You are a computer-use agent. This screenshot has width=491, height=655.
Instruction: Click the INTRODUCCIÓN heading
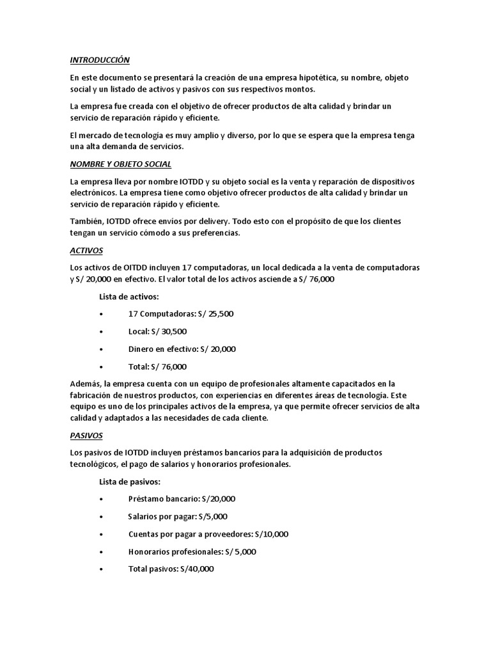(x=100, y=60)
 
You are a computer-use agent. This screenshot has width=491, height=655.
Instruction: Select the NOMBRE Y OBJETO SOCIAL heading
(x=121, y=164)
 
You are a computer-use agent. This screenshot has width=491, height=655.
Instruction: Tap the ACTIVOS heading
(x=86, y=250)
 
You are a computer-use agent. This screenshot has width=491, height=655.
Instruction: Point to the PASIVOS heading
(x=86, y=435)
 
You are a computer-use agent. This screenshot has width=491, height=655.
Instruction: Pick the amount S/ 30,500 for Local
(x=169, y=331)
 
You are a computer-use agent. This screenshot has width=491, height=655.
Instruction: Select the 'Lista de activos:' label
(x=129, y=297)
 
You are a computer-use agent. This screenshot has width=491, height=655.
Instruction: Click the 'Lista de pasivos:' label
(x=130, y=481)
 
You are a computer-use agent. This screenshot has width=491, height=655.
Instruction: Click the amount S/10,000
(x=271, y=533)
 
